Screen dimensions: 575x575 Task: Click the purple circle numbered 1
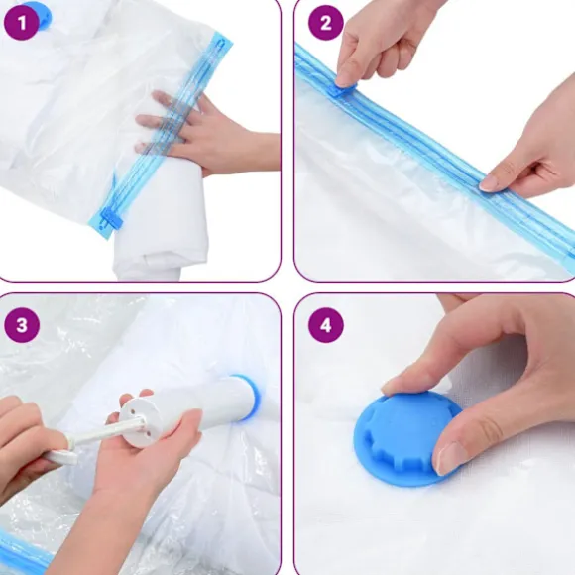coord(21,23)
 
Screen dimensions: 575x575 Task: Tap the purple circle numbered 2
coord(325,23)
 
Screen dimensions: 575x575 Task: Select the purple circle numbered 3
coord(22,325)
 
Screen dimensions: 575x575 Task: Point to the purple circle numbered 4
coord(326,325)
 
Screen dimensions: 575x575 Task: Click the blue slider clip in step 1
coord(110,219)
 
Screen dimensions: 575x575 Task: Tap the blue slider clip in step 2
coord(343,89)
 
